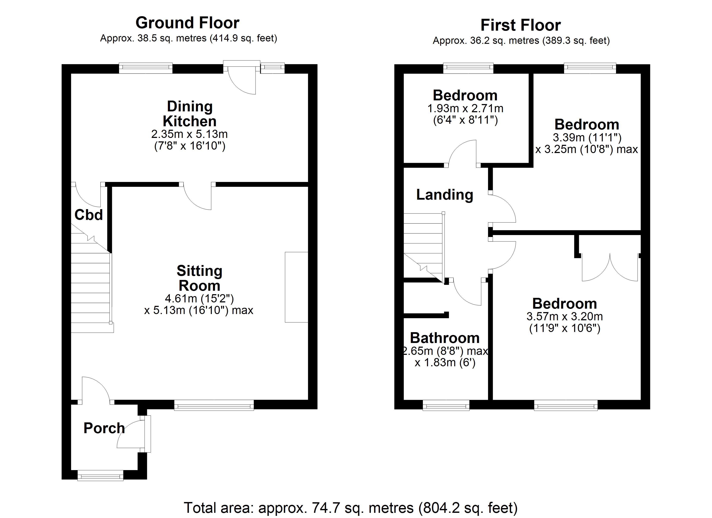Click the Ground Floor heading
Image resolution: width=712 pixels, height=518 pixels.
[187, 23]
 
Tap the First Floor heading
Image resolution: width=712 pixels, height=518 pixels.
[520, 25]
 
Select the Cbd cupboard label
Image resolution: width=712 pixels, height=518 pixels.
[88, 215]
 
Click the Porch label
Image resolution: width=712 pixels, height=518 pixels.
[104, 428]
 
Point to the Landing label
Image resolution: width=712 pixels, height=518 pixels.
[444, 195]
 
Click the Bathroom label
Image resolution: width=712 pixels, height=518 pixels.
[444, 338]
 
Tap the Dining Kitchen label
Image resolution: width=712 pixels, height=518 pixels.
[190, 114]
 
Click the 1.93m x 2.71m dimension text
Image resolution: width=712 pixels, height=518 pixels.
[465, 109]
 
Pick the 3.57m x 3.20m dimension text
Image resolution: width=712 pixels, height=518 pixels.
[564, 316]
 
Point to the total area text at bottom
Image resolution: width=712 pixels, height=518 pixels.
[350, 508]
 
